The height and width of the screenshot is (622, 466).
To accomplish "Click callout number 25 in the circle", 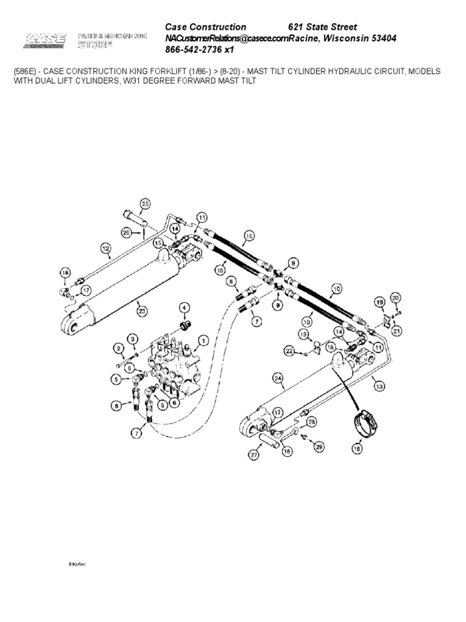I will pyautogui.click(x=144, y=203).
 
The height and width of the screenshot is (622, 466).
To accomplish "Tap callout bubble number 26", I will pyautogui.click(x=126, y=231).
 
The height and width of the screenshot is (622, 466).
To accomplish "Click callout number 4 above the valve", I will pyautogui.click(x=183, y=307).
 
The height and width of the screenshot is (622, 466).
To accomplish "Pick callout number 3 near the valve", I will pyautogui.click(x=132, y=338).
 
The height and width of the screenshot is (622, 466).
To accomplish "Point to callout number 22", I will pyautogui.click(x=289, y=351).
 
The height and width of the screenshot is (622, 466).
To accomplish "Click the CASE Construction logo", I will pyautogui.click(x=46, y=41).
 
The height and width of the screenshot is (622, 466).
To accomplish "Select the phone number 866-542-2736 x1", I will pyautogui.click(x=200, y=50).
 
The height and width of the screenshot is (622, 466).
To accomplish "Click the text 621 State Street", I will pyautogui.click(x=322, y=27).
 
